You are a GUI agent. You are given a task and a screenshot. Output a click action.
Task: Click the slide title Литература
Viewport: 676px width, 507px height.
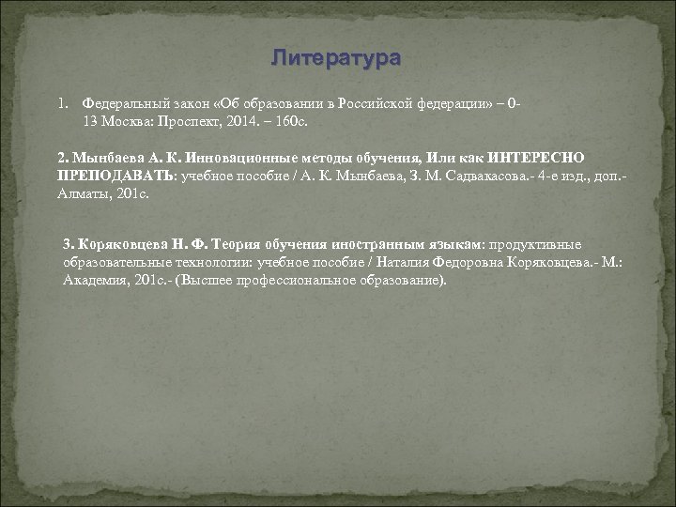[335, 58]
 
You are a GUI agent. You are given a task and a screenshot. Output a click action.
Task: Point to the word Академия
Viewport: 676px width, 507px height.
[94, 281]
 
